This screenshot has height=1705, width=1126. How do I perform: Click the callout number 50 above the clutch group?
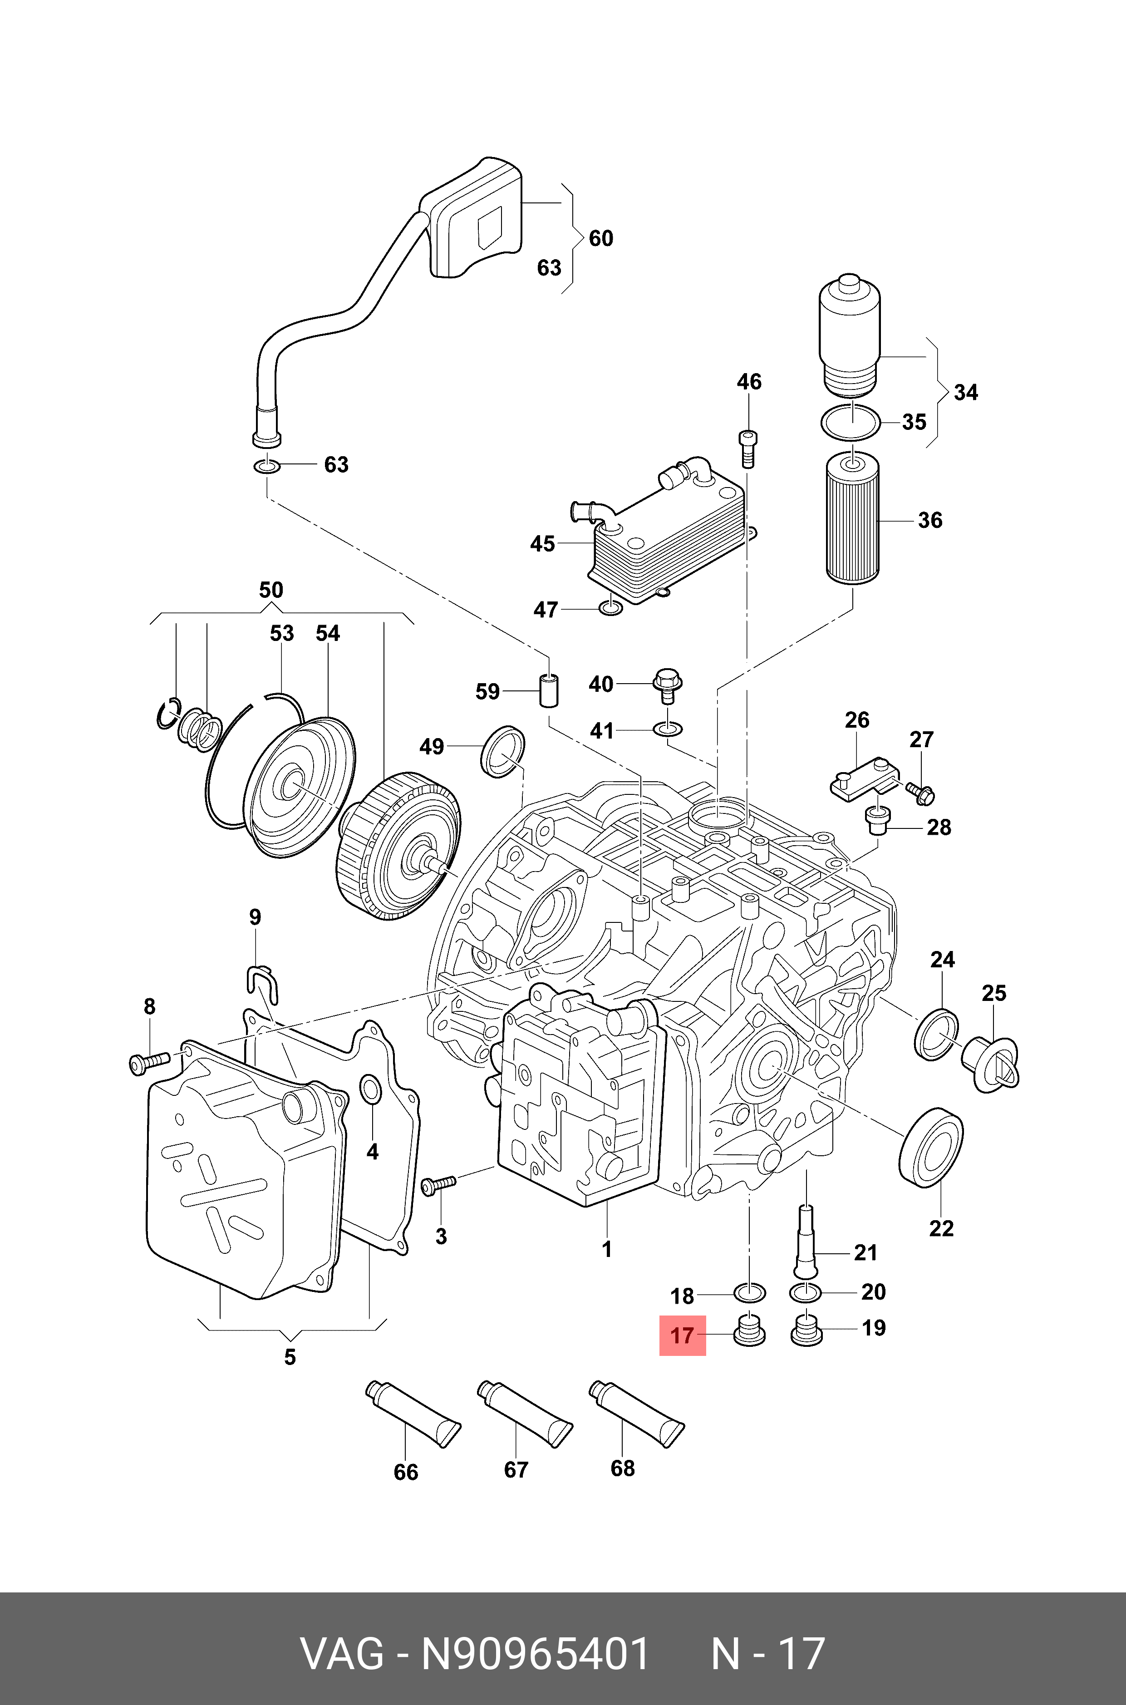click(271, 591)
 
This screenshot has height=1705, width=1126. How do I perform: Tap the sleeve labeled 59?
click(550, 690)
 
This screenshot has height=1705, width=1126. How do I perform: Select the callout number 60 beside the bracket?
click(600, 238)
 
